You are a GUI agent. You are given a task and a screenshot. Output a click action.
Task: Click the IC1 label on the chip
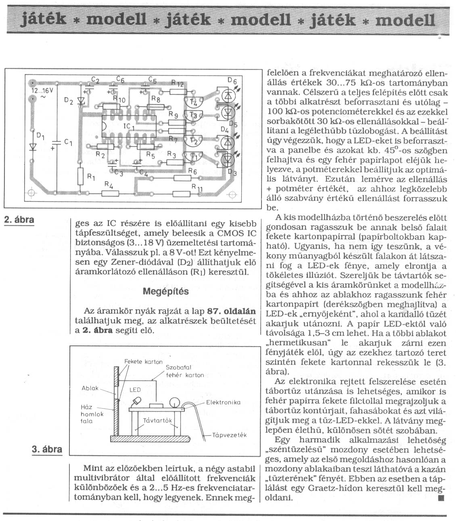click(x=129, y=127)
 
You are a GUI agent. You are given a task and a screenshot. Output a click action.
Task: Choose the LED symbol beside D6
click(x=228, y=95)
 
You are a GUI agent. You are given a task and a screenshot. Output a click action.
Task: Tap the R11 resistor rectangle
click(x=182, y=193)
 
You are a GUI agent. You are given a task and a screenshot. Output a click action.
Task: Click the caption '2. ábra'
click(x=19, y=220)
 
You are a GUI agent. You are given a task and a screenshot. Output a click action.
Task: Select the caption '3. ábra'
click(x=47, y=449)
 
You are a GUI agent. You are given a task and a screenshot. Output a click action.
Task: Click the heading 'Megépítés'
click(x=165, y=291)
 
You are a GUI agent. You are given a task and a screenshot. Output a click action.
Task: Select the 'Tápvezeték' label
click(x=229, y=435)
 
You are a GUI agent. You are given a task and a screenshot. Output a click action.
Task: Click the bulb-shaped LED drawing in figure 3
click(x=136, y=401)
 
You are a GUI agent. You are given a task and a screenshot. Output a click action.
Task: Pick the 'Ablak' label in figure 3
click(x=90, y=388)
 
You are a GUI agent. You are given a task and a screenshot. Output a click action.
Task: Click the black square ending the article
click(x=440, y=498)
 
